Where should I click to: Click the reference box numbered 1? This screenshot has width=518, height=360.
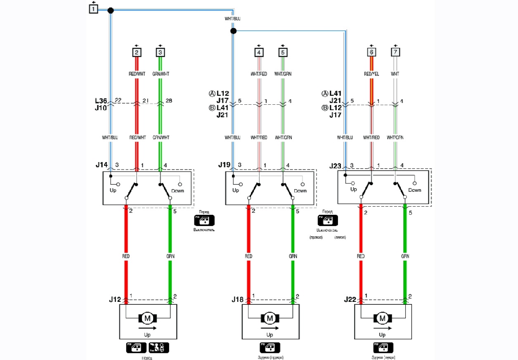coord(94,8)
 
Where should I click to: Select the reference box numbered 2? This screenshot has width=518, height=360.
coord(137,52)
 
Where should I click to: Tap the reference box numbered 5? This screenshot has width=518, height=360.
coord(283,52)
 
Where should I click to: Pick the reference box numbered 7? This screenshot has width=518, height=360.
coord(395,52)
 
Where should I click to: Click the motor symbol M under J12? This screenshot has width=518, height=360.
coord(148,318)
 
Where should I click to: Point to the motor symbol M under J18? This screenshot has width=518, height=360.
coord(270,318)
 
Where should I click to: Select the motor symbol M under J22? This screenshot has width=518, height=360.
coord(383,318)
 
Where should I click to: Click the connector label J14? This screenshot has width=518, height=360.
coord(102,165)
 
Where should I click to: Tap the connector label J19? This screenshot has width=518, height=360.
coord(224,165)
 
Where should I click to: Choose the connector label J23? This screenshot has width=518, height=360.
coord(336,165)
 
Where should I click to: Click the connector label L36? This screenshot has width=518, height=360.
coord(101,101)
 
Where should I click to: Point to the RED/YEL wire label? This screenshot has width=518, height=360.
coord(371,74)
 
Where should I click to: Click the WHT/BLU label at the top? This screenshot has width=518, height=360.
coord(232,19)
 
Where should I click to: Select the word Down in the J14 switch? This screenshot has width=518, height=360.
coord(177,191)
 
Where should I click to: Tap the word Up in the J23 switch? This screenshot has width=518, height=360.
coord(353,190)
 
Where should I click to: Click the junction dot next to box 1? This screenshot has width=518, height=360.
coord(110,10)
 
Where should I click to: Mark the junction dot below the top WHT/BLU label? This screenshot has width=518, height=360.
coord(233,31)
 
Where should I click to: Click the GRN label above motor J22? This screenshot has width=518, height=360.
coord(405,256)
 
